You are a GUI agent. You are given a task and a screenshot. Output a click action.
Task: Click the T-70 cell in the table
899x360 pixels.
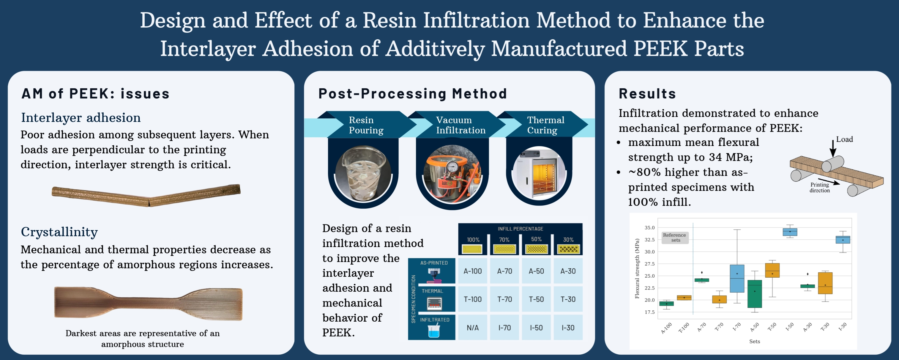click(x=504, y=299)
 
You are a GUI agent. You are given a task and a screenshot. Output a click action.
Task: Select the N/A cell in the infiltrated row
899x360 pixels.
click(x=473, y=328)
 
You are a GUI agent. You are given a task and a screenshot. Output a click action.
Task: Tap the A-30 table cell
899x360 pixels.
click(x=568, y=271)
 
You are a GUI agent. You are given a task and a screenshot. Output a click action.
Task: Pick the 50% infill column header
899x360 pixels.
click(x=536, y=240)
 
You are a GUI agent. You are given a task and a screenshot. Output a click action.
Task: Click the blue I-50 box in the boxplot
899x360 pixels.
click(x=790, y=232)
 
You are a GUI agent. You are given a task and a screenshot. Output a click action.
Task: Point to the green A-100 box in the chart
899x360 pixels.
click(x=666, y=304)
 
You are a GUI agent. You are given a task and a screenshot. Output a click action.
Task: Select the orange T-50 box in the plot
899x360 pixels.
click(x=772, y=271)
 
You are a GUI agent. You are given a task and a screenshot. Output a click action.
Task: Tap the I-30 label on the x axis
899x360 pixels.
click(x=843, y=327)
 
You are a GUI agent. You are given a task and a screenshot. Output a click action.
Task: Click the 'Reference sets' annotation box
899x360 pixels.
click(x=675, y=238)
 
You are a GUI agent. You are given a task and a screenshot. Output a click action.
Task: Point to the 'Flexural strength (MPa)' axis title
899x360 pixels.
click(x=637, y=268)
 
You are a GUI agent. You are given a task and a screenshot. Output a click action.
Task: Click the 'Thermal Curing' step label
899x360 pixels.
click(x=545, y=125)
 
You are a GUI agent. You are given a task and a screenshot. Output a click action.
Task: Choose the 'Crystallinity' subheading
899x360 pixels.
click(x=59, y=232)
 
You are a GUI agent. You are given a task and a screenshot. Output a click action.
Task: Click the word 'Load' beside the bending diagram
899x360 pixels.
click(x=844, y=139)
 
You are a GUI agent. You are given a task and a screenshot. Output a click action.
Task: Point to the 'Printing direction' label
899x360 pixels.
click(x=819, y=188)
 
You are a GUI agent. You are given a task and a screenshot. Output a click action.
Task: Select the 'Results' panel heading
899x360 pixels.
click(x=647, y=94)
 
